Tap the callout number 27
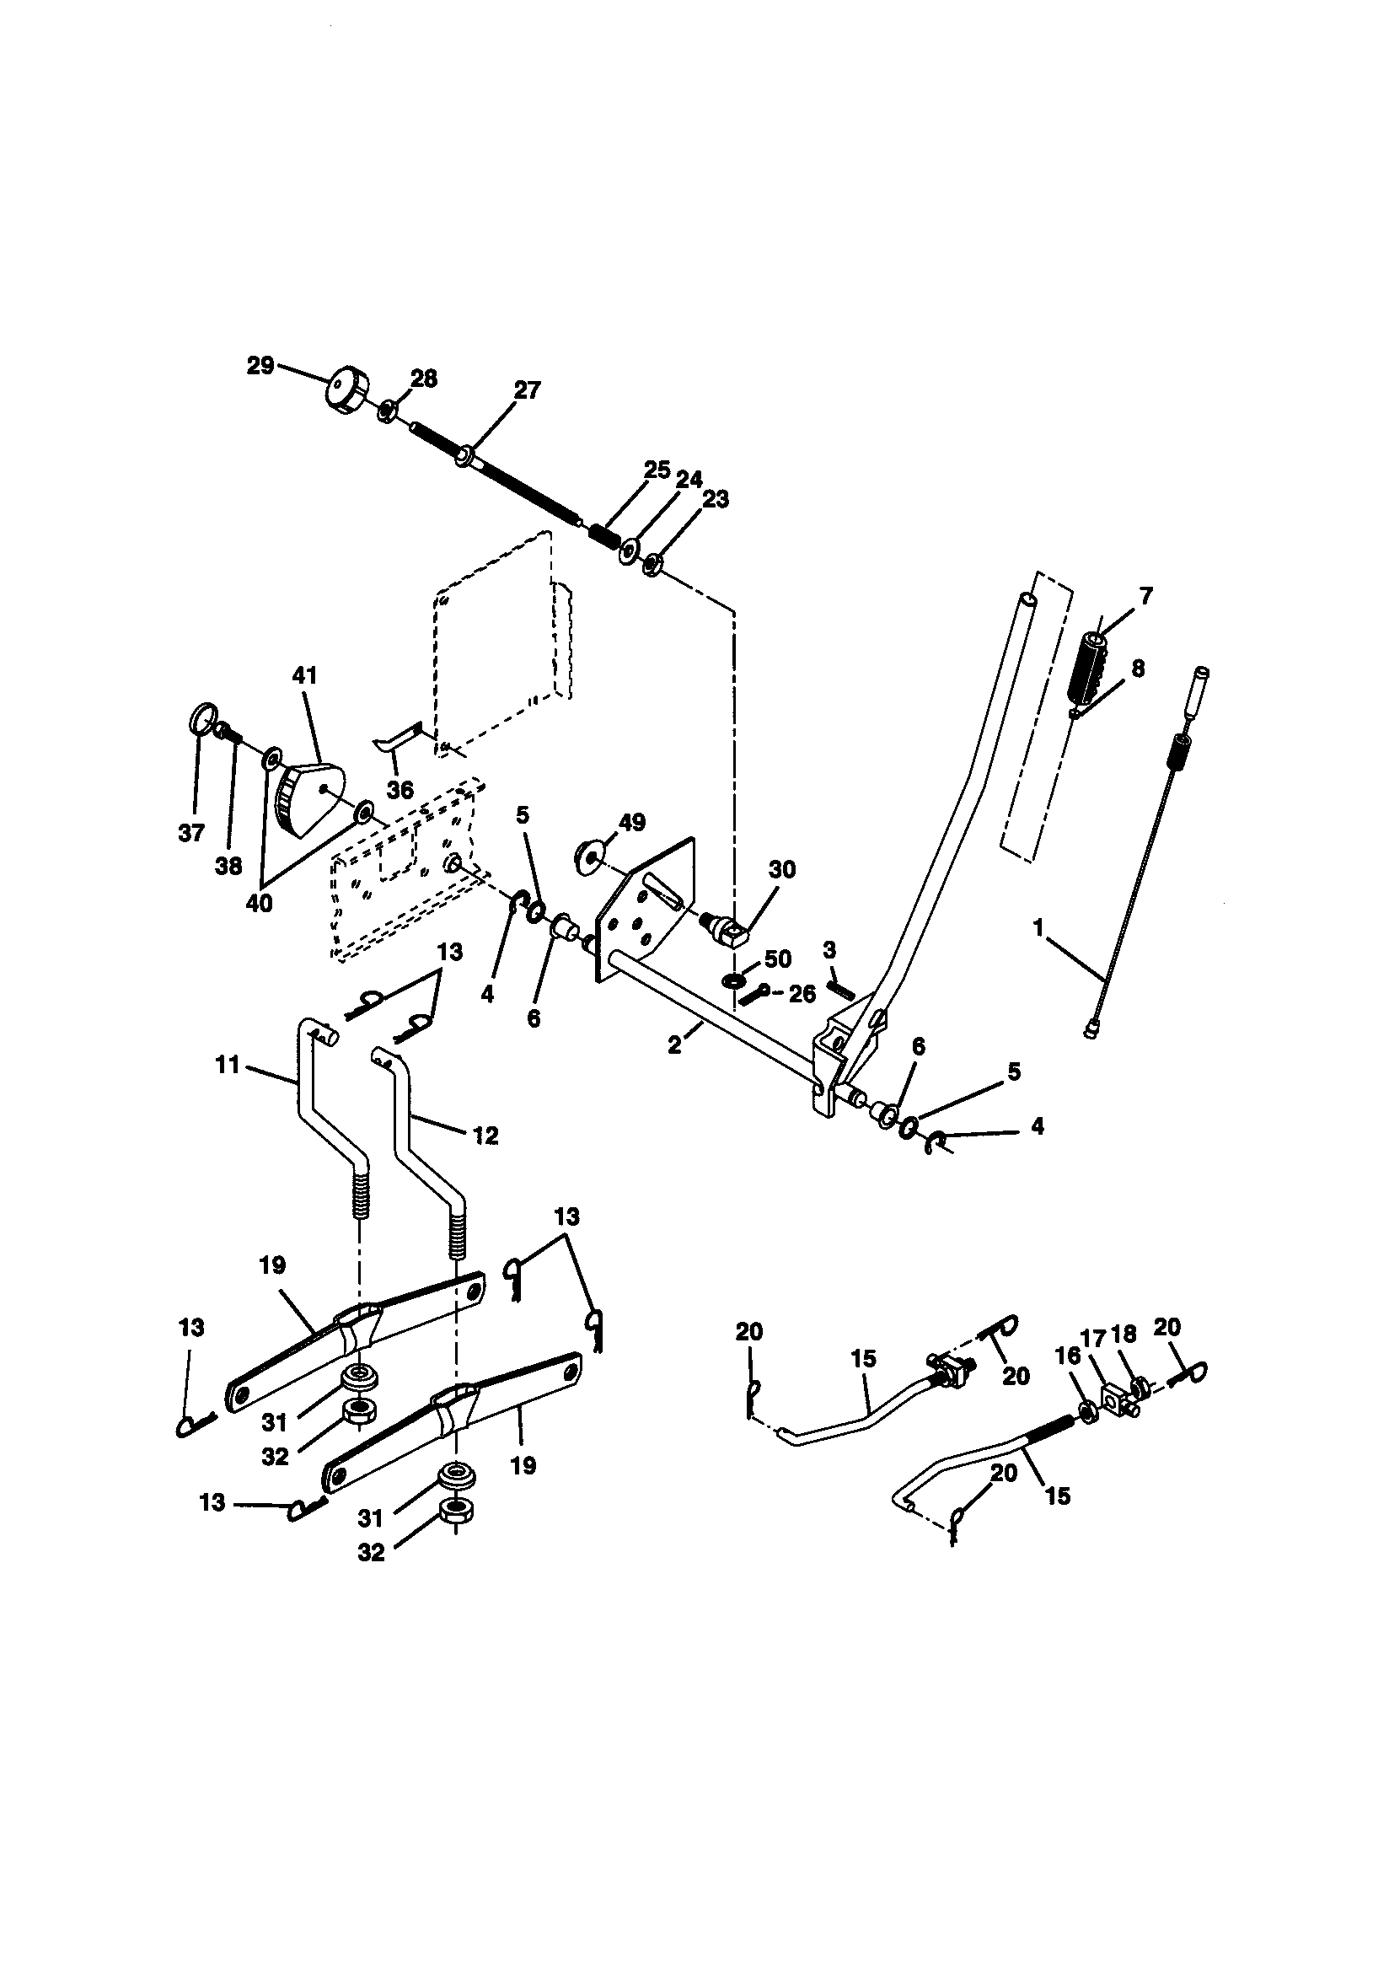click(527, 390)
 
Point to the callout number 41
click(305, 675)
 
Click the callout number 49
click(632, 823)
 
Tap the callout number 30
click(781, 870)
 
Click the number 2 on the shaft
click(675, 1045)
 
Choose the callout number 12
click(485, 1135)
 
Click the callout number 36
click(400, 790)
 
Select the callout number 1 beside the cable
click(1038, 927)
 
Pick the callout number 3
click(829, 949)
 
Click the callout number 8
click(1138, 667)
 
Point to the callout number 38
click(228, 865)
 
